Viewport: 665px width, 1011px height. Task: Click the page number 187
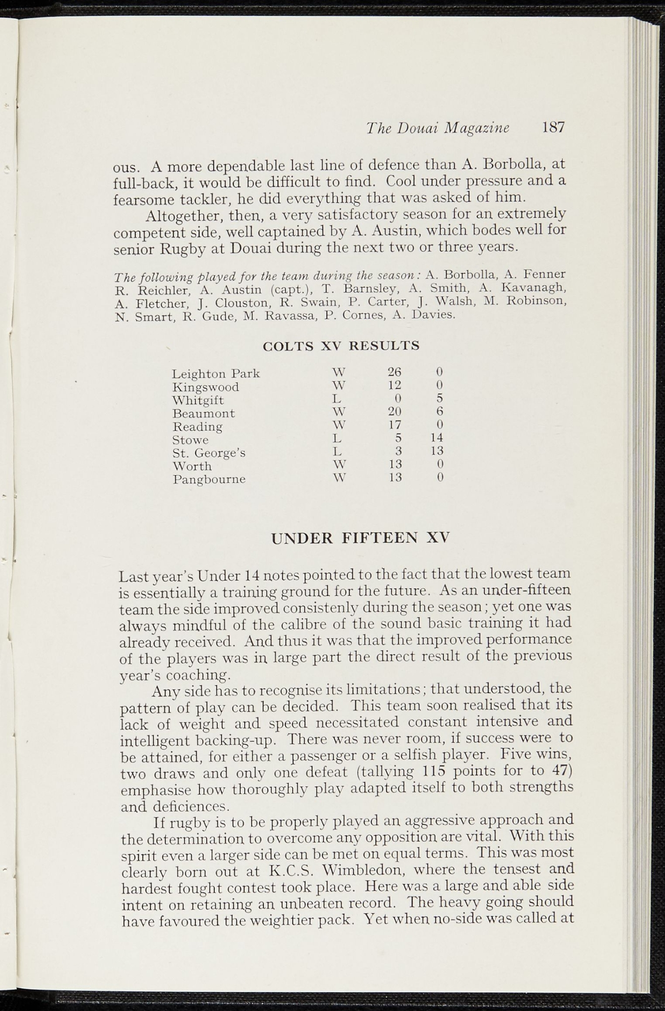click(553, 128)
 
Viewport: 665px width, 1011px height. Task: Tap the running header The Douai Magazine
click(438, 128)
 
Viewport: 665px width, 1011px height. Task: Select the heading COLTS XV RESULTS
click(341, 346)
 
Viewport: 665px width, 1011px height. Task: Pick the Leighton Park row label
click(216, 374)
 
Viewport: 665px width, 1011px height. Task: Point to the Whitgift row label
click(198, 400)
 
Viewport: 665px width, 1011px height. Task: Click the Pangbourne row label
click(209, 479)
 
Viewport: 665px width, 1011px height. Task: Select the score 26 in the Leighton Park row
click(394, 372)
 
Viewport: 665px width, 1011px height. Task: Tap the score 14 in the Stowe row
click(436, 438)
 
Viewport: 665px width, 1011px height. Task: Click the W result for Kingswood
click(338, 385)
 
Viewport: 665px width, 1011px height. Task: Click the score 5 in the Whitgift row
click(440, 398)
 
